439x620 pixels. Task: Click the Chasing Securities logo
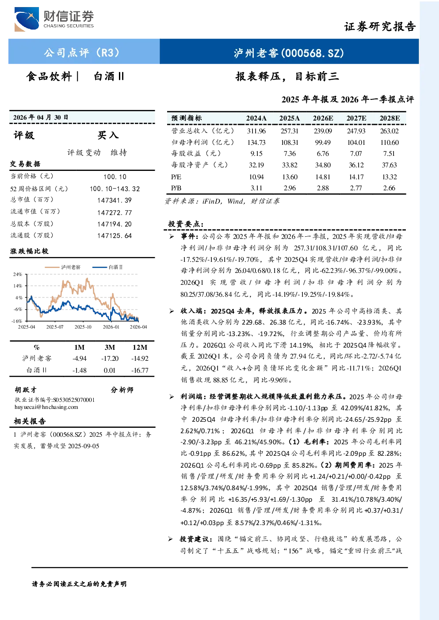(54, 19)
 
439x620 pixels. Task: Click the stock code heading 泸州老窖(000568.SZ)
(289, 53)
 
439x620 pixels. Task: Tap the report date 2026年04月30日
(41, 117)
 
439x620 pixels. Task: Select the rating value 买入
(108, 135)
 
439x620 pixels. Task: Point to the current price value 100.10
(115, 177)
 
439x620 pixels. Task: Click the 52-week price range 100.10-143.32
(115, 189)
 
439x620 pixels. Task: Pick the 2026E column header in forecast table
(323, 118)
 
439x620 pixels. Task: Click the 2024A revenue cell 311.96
(256, 131)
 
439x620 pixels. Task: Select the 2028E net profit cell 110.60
(389, 143)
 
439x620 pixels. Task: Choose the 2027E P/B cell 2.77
(356, 188)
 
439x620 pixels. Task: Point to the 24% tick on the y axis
(17, 274)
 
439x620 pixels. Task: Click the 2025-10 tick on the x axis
(83, 327)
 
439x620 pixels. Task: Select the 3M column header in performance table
(110, 347)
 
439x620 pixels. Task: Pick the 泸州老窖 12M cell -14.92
(140, 359)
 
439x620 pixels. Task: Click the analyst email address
(46, 407)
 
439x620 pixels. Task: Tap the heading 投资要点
(186, 224)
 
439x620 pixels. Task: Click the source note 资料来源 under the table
(222, 201)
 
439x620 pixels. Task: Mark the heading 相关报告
(30, 421)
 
